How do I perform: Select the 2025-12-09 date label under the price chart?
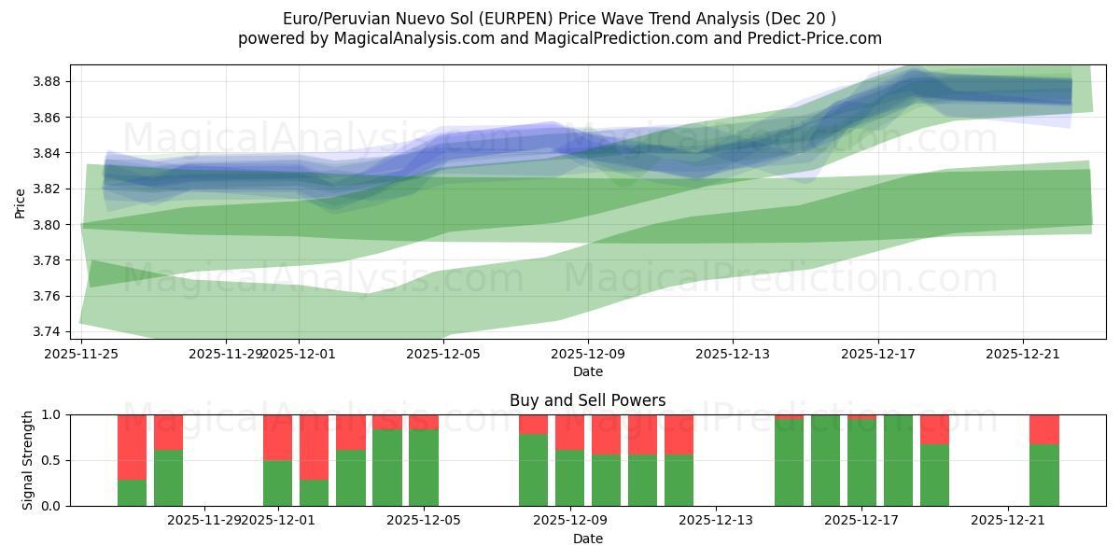[587, 354]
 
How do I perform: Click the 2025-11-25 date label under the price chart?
[81, 354]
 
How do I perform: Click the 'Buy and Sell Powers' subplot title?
[587, 400]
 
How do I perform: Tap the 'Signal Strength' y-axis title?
[28, 459]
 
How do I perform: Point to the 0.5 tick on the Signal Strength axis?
[52, 460]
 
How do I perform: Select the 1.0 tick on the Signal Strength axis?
[52, 414]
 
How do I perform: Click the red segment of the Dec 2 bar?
[315, 446]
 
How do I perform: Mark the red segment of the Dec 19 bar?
[934, 428]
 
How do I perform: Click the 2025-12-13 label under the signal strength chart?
[715, 520]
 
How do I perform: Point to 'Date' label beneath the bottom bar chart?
[587, 539]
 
